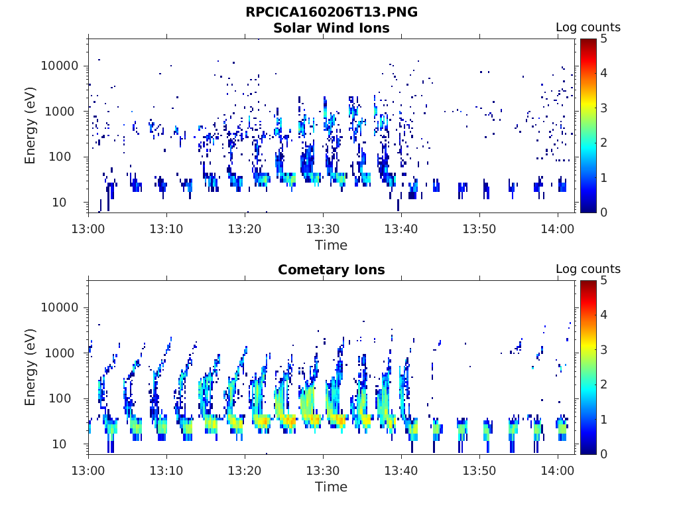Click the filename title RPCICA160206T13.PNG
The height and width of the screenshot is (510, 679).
[x=332, y=12]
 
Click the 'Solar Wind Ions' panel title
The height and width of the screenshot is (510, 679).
[x=332, y=28]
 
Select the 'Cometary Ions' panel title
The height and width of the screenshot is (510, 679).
[x=332, y=270]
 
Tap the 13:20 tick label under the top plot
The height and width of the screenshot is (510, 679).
[x=245, y=228]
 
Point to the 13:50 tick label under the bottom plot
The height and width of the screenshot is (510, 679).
[x=479, y=470]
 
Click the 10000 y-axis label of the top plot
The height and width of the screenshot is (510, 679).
[x=60, y=66]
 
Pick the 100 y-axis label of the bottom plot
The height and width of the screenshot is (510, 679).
[x=60, y=398]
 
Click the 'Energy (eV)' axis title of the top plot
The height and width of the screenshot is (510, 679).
[x=30, y=126]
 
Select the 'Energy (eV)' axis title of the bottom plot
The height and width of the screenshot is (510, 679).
[x=30, y=367]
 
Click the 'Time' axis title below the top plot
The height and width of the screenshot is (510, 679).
[x=332, y=245]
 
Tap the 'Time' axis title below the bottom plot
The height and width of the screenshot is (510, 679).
[x=332, y=487]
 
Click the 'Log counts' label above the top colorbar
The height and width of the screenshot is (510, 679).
[x=588, y=27]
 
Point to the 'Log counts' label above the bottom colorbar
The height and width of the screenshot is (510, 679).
[x=588, y=269]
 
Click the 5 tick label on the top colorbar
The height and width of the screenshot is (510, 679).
[x=603, y=39]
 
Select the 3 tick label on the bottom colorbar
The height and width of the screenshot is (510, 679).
[x=603, y=349]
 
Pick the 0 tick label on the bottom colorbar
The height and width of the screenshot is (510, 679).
[x=603, y=454]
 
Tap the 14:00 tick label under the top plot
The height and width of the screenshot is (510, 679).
[x=557, y=228]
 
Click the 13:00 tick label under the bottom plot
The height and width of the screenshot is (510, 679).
[x=88, y=470]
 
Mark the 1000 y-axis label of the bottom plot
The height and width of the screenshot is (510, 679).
[x=60, y=353]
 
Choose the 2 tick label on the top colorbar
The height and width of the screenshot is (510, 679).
[x=603, y=143]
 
